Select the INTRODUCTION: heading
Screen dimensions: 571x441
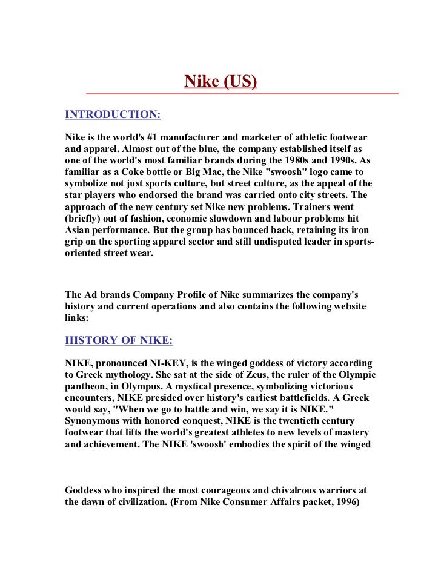click(113, 114)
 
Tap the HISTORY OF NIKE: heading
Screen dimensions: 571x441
click(119, 340)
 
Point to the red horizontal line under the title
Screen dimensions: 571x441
click(242, 94)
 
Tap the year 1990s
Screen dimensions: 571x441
click(350, 161)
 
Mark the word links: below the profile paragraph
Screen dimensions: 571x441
click(77, 317)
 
